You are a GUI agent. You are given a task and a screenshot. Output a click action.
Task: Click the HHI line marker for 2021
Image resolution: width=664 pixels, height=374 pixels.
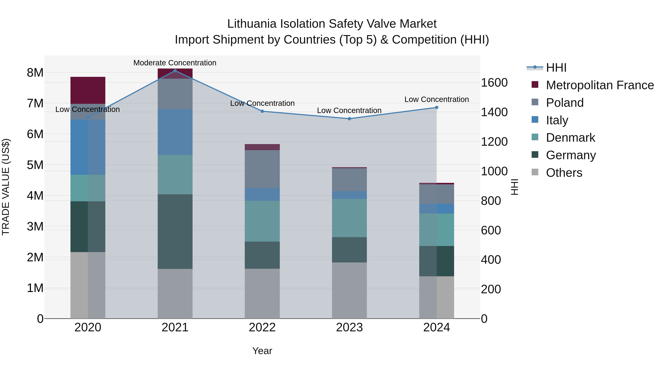(175, 71)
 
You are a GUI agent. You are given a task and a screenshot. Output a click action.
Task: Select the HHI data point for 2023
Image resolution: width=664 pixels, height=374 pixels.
(350, 119)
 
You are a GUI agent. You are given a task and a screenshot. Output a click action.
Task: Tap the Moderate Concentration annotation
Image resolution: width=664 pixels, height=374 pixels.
(175, 63)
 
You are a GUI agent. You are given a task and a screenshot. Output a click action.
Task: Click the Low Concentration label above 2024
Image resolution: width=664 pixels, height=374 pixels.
(436, 99)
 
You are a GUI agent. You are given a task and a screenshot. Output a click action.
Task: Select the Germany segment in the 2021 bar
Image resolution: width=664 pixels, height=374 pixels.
(175, 232)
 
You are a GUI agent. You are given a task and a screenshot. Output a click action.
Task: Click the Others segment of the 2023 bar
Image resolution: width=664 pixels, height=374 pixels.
(349, 290)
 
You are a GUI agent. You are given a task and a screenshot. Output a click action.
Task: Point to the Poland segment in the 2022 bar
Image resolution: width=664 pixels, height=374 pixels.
(262, 169)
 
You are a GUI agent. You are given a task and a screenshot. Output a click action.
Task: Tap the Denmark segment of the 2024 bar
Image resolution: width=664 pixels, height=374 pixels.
(436, 230)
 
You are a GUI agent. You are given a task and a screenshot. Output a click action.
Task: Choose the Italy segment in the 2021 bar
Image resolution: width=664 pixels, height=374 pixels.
(175, 132)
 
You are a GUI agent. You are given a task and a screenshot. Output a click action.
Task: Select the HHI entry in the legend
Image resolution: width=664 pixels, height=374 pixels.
(556, 68)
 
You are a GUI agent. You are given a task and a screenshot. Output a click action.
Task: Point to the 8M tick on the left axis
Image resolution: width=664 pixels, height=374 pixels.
(35, 73)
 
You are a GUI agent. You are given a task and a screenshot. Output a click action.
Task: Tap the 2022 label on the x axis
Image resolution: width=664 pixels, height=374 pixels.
(262, 327)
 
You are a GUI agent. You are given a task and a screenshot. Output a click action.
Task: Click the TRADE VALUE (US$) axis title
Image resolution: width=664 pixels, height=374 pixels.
(6, 187)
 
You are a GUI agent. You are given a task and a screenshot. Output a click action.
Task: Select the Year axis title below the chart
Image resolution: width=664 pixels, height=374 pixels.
(262, 351)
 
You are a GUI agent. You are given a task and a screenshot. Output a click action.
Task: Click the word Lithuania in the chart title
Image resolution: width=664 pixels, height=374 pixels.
(251, 24)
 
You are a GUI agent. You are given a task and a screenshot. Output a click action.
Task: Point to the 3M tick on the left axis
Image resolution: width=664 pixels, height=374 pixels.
(35, 227)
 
